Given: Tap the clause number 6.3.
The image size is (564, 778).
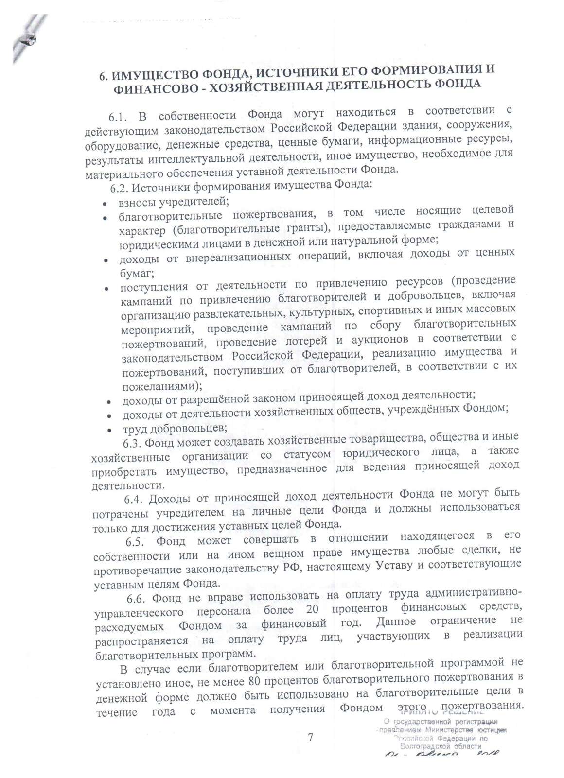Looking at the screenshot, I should (131, 443).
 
